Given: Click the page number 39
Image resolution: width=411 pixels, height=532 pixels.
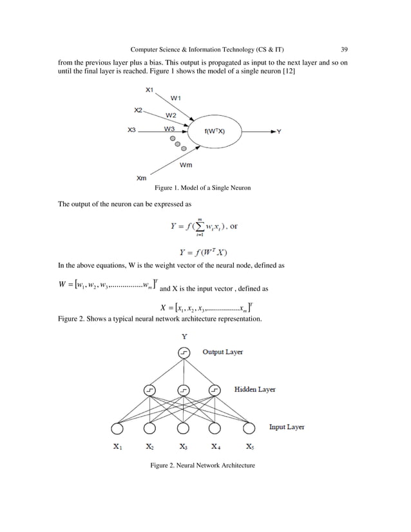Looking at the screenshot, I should [x=345, y=49].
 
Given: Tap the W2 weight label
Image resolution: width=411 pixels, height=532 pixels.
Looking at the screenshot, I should [x=171, y=115].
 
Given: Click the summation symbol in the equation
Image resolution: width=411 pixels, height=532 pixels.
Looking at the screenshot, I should [x=199, y=225].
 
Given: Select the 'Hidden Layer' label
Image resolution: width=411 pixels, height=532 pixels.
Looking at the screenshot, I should [x=255, y=390].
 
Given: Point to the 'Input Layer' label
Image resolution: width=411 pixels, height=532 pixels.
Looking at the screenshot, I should [x=287, y=426].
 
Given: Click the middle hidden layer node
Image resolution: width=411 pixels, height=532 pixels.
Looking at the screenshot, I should [x=184, y=390].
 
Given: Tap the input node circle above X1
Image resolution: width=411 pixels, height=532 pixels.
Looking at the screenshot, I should [x=118, y=428].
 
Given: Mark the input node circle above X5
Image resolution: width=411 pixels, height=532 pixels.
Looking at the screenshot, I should [x=249, y=428].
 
